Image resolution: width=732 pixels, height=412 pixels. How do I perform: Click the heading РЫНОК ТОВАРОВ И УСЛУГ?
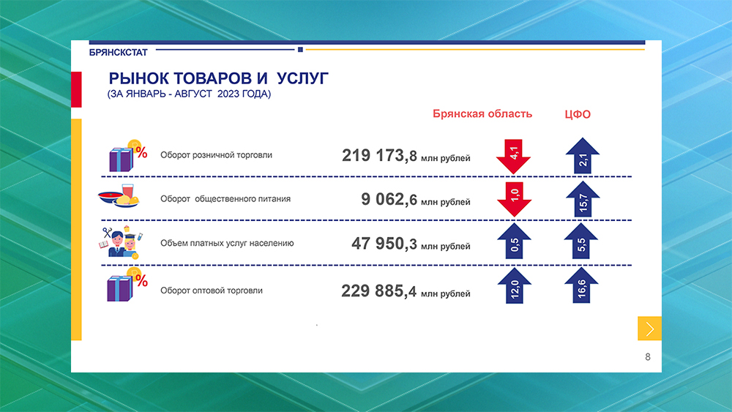click(x=219, y=78)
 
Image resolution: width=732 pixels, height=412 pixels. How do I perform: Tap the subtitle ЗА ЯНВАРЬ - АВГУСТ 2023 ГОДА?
click(x=189, y=94)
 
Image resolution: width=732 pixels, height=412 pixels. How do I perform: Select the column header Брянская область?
click(x=482, y=113)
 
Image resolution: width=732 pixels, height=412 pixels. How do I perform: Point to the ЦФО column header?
click(x=577, y=114)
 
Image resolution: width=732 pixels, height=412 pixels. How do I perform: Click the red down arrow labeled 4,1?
click(x=514, y=155)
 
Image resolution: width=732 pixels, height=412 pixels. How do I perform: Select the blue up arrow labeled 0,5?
click(x=514, y=242)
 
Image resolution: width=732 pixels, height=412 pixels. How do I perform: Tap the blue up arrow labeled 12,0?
click(x=514, y=288)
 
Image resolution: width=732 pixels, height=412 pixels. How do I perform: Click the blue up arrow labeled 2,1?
click(x=583, y=155)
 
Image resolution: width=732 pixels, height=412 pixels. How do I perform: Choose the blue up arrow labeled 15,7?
click(x=583, y=199)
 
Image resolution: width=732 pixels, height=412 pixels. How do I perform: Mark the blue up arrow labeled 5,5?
click(x=583, y=242)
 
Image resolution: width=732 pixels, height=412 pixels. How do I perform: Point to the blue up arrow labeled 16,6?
click(x=583, y=288)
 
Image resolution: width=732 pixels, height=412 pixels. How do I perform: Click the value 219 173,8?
click(x=379, y=155)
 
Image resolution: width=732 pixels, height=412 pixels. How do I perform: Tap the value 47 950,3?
click(x=384, y=244)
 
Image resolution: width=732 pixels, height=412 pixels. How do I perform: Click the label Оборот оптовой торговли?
click(x=212, y=291)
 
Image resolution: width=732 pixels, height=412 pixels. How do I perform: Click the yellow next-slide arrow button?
click(x=649, y=329)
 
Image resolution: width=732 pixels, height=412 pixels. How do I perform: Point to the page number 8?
click(x=648, y=357)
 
